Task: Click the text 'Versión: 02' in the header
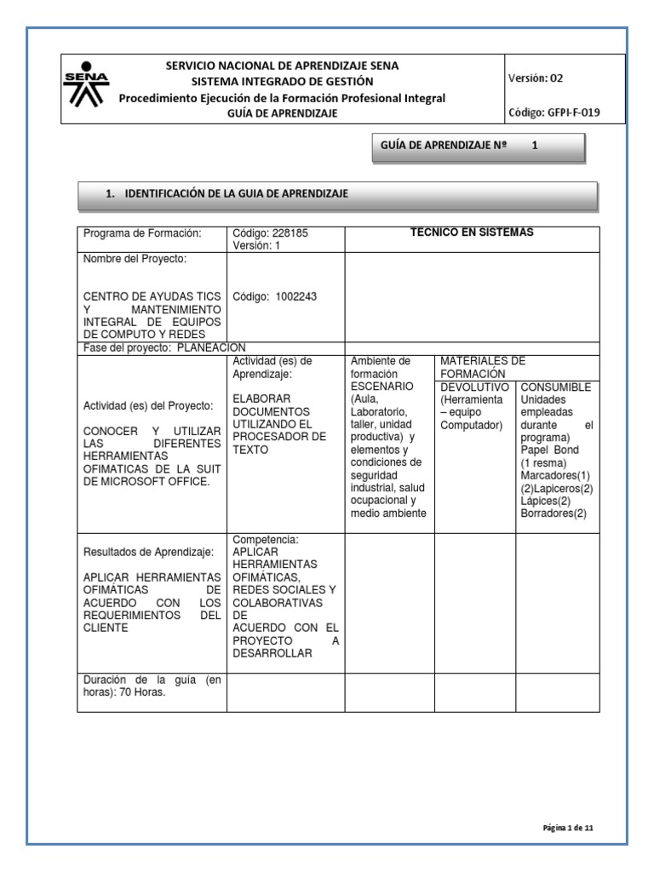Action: click(535, 78)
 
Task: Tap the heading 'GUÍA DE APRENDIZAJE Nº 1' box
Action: click(479, 146)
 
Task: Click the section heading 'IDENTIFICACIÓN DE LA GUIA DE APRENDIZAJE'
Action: click(236, 194)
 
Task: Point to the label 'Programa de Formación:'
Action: click(141, 234)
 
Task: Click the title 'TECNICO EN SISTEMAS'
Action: click(472, 233)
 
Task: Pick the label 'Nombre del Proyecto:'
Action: click(135, 259)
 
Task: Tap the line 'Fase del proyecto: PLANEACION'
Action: click(164, 347)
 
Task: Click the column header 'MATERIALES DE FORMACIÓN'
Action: click(483, 368)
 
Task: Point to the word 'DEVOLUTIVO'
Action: click(474, 387)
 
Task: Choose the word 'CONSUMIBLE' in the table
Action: click(555, 387)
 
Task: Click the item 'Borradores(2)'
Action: click(554, 513)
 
